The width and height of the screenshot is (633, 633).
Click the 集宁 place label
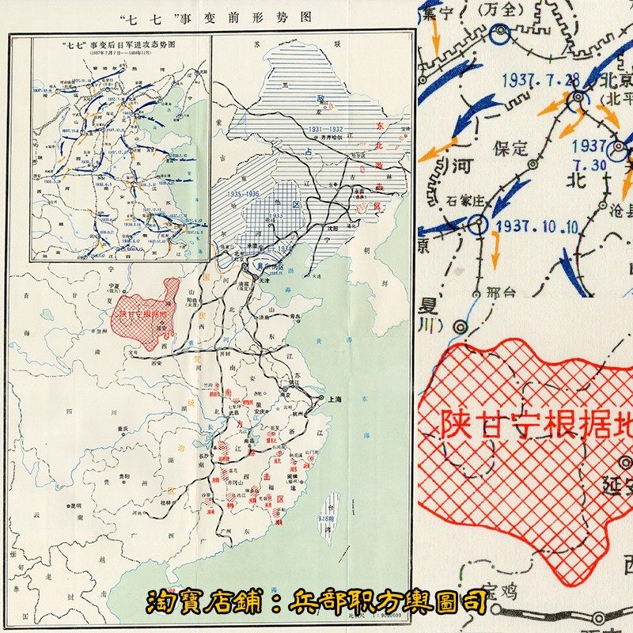(x=438, y=11)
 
